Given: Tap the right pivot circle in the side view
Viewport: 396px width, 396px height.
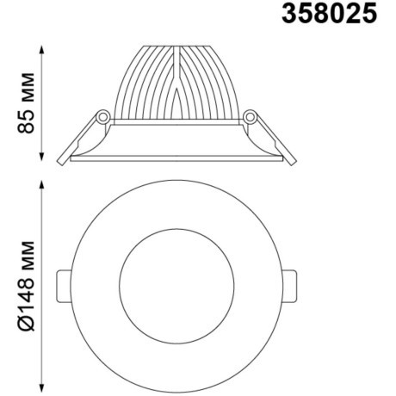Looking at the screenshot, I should point(251,114).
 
